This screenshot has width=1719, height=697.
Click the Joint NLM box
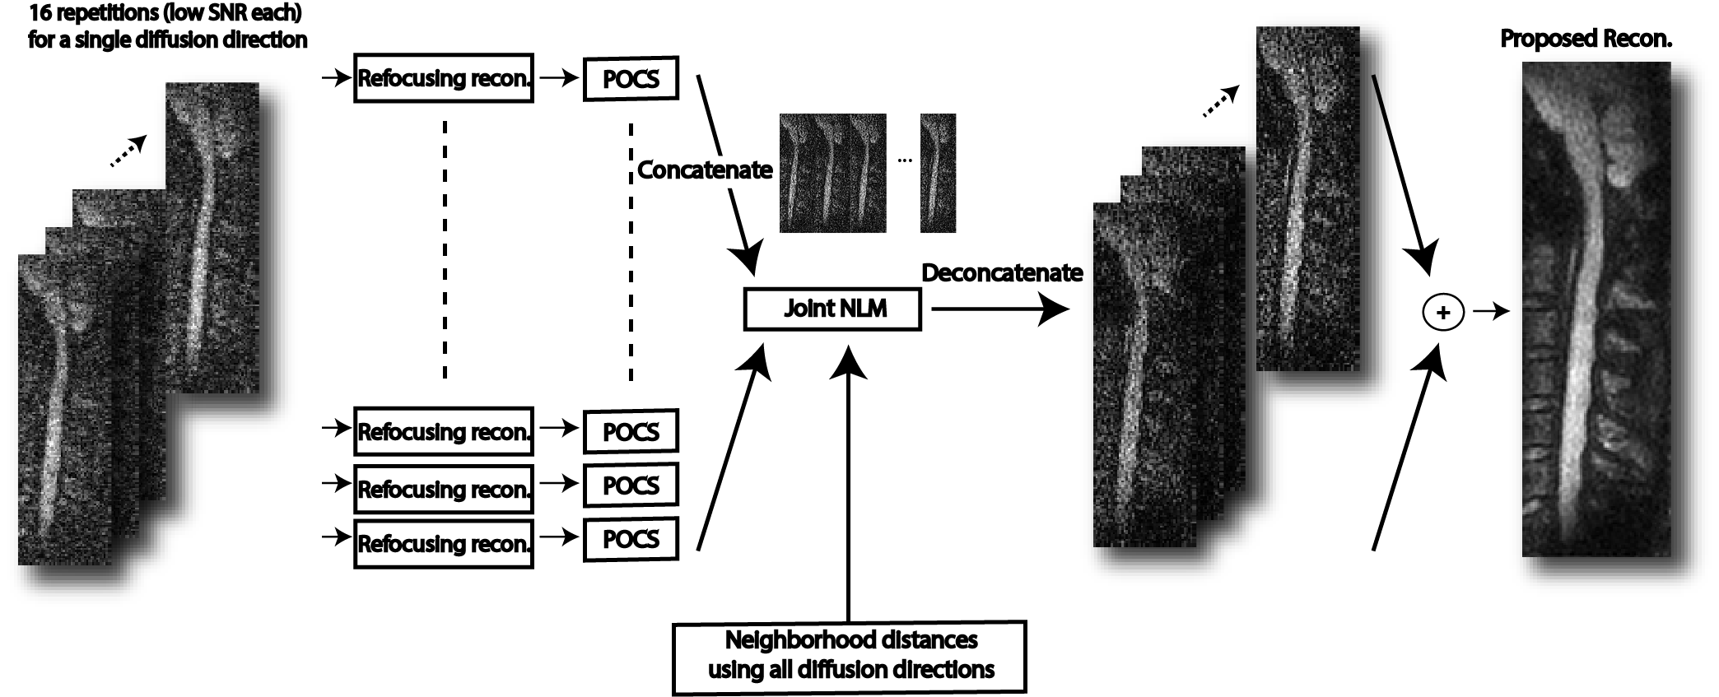point(832,309)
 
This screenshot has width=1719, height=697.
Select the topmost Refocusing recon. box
point(444,78)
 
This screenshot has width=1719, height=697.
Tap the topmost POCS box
point(631,79)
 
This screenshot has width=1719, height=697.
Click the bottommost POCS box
point(631,539)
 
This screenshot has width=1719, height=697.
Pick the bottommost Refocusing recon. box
point(444,543)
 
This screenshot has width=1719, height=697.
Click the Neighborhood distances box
point(850,657)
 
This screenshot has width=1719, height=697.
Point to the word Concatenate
point(705,170)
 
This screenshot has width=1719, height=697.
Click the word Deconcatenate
point(1002,273)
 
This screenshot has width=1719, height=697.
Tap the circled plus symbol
point(1442,313)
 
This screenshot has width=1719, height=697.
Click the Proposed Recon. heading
point(1586,39)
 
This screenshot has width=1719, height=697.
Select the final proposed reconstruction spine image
point(1596,309)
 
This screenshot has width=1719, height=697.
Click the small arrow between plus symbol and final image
point(1491,312)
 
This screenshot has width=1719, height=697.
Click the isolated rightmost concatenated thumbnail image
point(938,173)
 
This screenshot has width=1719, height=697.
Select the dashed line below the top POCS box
point(631,251)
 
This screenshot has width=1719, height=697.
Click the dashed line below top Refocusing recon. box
point(445,247)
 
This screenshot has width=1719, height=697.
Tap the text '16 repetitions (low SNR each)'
point(165,13)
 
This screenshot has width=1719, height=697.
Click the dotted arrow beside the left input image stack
point(128,152)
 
